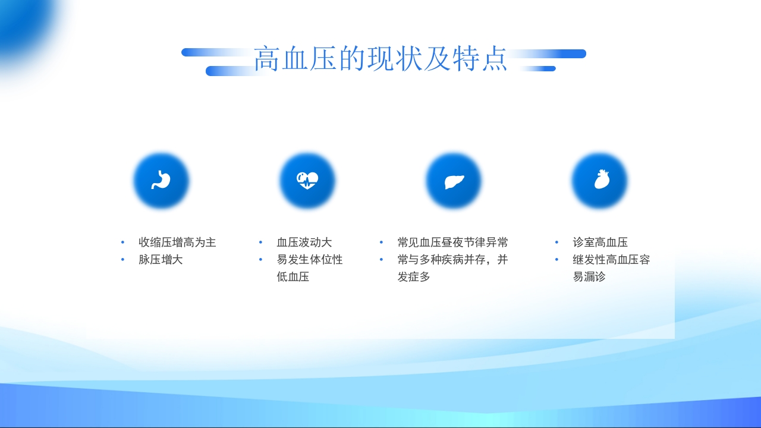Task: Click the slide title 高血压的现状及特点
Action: tap(380, 59)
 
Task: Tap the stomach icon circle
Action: tap(161, 181)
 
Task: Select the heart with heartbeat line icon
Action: tap(307, 181)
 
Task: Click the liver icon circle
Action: tap(454, 181)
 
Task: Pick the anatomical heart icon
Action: tap(600, 181)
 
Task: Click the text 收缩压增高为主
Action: tap(177, 243)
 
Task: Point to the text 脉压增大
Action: tap(161, 260)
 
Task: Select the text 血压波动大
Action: tap(304, 243)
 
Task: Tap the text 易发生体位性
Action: tap(310, 260)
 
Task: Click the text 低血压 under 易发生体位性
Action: tap(293, 277)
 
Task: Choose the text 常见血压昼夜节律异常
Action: tap(453, 243)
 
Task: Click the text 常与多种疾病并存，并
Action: tap(453, 260)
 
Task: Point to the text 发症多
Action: tap(414, 277)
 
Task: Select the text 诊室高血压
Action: tap(600, 243)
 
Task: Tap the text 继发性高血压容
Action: tap(611, 260)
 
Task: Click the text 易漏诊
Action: tap(589, 277)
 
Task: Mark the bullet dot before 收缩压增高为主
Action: tap(122, 243)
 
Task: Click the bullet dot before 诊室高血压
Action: tap(557, 243)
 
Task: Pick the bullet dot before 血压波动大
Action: tap(260, 243)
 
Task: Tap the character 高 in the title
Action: tap(267, 59)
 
